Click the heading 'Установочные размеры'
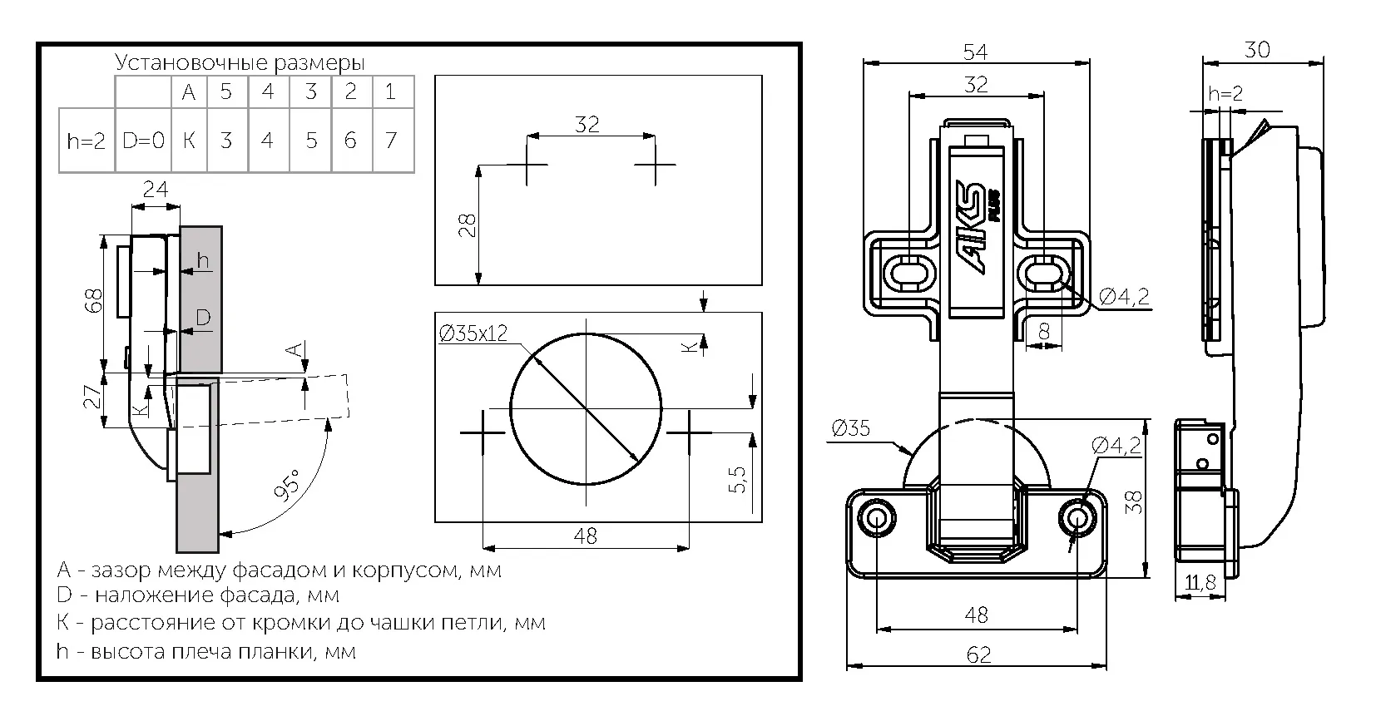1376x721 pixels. (x=240, y=63)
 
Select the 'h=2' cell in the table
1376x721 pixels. (x=86, y=141)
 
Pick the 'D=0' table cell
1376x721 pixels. (x=144, y=141)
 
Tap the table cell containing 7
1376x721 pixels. (x=391, y=141)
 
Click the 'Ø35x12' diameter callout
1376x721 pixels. (x=473, y=334)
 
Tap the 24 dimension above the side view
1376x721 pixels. (x=156, y=190)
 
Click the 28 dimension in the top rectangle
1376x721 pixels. (x=468, y=225)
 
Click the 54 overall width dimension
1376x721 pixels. (x=975, y=52)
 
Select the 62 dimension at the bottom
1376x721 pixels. (x=978, y=655)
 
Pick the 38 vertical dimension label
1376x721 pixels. (x=1135, y=501)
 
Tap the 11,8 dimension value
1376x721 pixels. (x=1200, y=584)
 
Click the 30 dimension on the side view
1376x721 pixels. (x=1257, y=50)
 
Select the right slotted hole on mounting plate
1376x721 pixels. (x=1042, y=273)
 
